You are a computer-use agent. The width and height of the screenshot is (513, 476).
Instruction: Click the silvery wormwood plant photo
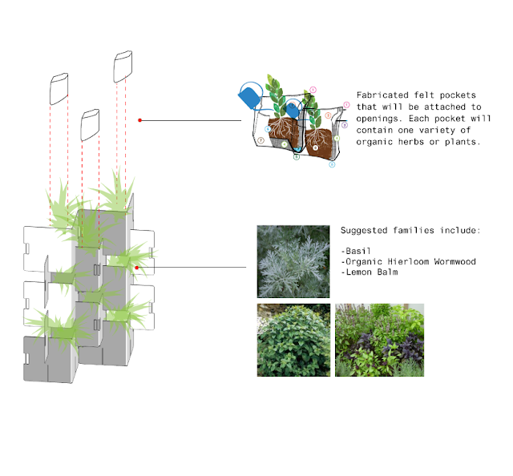pyautogui.click(x=293, y=261)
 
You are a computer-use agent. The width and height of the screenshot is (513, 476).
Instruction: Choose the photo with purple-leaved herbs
pyautogui.click(x=379, y=340)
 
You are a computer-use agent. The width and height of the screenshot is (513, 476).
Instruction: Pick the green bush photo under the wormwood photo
pyautogui.click(x=293, y=340)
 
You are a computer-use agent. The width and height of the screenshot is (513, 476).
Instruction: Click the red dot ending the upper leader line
pyautogui.click(x=139, y=120)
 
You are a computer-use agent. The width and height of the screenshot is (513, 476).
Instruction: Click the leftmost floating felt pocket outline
pyautogui.click(x=59, y=89)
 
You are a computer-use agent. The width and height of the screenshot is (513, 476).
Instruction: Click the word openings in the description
pyautogui.click(x=383, y=119)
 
